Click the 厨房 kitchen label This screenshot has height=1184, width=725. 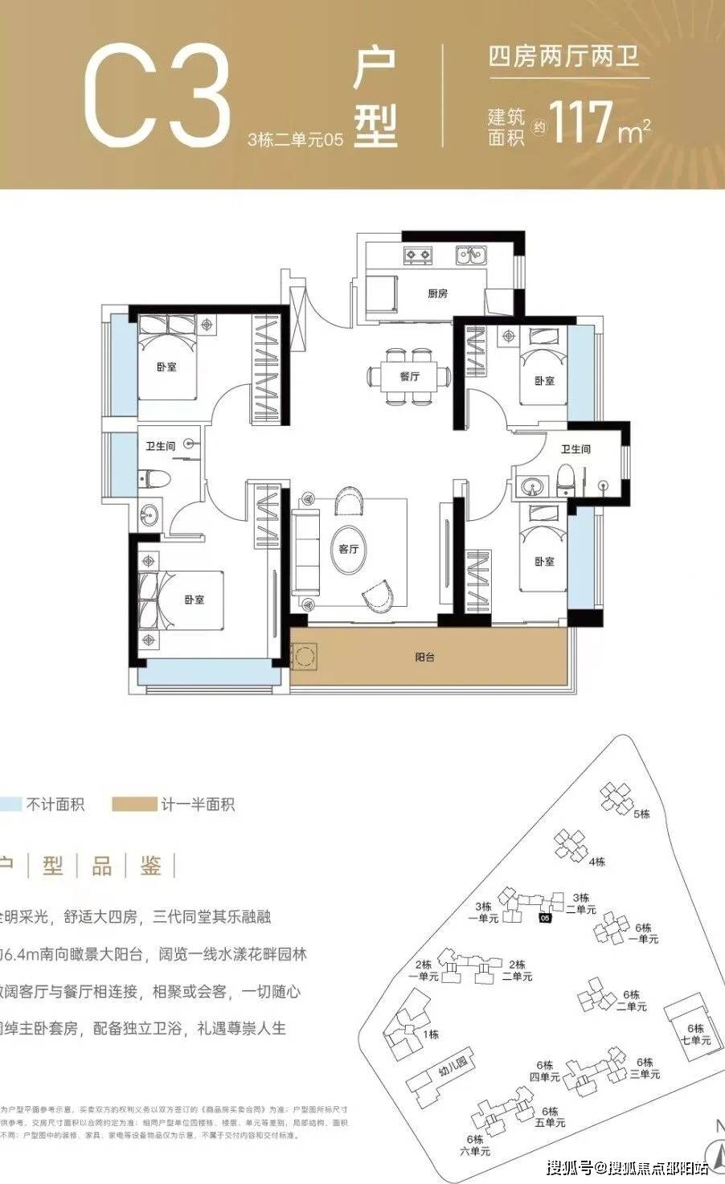(437, 294)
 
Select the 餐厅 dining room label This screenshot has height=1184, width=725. (410, 376)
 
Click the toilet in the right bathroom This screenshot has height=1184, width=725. (565, 481)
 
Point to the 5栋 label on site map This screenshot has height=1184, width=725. (641, 814)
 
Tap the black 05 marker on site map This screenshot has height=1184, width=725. (545, 918)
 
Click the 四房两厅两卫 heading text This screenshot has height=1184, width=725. (567, 57)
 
